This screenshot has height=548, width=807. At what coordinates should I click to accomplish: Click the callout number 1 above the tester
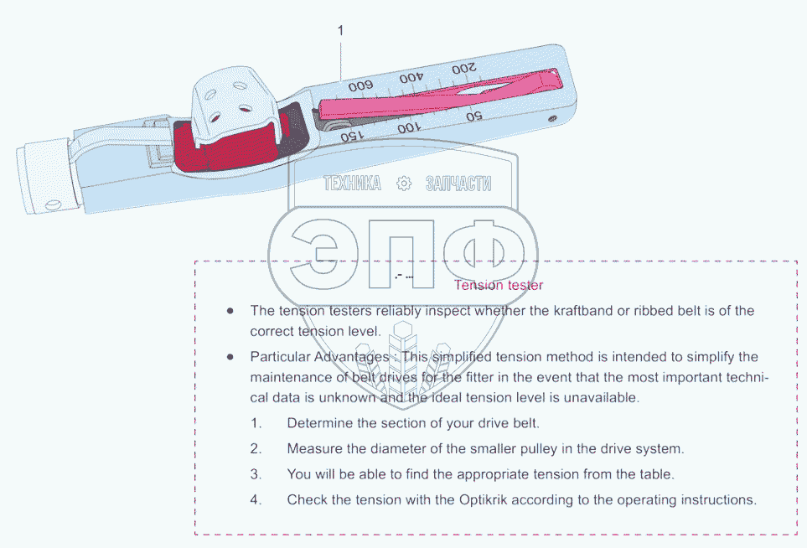point(340,30)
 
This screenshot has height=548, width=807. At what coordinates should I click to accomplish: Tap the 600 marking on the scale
point(360,85)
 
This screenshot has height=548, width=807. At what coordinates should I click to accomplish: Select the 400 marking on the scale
point(411,78)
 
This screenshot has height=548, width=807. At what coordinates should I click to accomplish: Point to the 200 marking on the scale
point(463,68)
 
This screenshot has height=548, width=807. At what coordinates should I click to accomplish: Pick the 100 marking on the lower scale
point(408,127)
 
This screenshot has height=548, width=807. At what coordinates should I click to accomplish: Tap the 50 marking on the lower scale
point(473,116)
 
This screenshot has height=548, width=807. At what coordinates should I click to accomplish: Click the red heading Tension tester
point(499,285)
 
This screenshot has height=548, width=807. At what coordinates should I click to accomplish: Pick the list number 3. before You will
point(256,474)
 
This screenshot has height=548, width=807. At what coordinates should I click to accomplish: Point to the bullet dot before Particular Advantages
point(230,357)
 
